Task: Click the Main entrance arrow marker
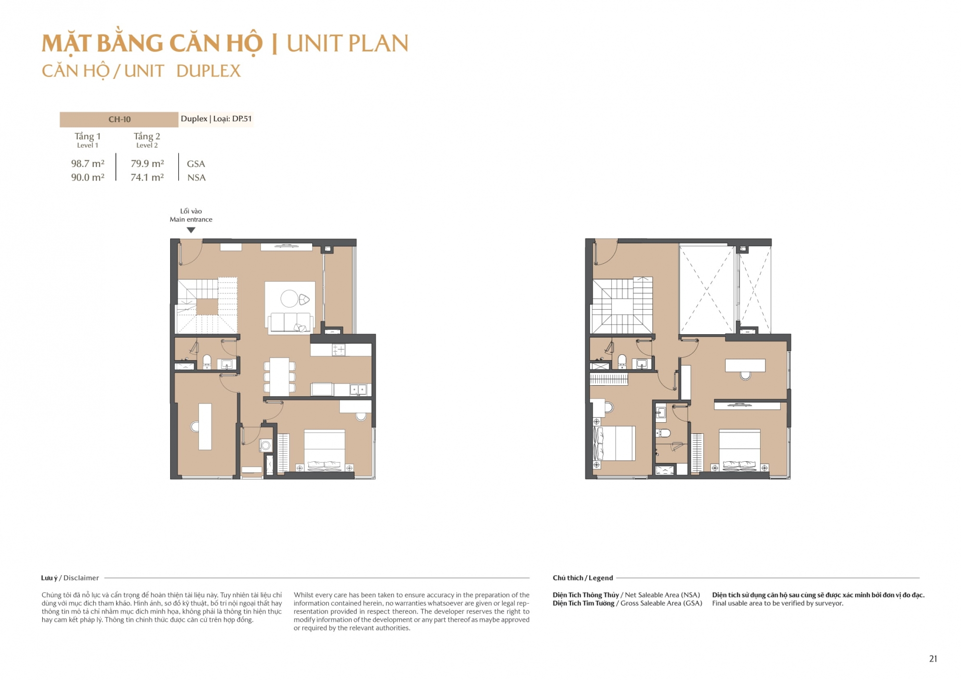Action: point(191,230)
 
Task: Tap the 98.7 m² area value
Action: point(87,164)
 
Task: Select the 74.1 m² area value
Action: point(147,177)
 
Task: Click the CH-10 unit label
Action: point(119,119)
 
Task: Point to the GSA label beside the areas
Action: point(196,164)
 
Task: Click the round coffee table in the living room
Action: point(289,299)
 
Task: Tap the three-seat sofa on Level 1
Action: point(290,322)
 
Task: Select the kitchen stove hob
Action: point(338,350)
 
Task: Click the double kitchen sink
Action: point(358,389)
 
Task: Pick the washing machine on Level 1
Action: point(266,445)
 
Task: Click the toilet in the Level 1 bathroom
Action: point(207,361)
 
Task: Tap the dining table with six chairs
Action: point(279,376)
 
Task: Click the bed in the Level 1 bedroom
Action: point(324,450)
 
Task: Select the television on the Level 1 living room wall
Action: point(286,246)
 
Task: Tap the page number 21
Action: point(933,659)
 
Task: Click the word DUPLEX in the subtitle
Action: point(209,71)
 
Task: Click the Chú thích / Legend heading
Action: point(583,578)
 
